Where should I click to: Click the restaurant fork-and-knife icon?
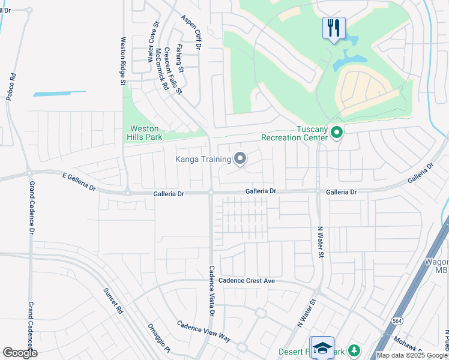(334, 28)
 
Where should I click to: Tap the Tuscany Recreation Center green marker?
(337, 133)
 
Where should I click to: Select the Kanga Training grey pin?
(240, 159)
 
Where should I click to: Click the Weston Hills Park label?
(144, 133)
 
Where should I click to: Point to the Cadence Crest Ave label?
(246, 280)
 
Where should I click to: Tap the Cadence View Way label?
(203, 331)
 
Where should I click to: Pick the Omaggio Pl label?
(160, 338)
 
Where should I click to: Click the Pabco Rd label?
(10, 88)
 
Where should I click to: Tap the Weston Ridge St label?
(122, 61)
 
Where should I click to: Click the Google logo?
(20, 353)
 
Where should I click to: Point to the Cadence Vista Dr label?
(211, 291)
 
